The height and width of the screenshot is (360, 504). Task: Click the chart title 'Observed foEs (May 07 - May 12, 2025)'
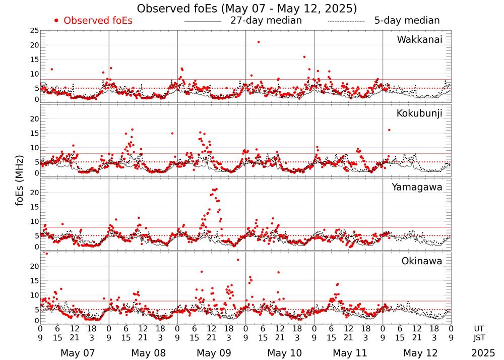tap(247, 9)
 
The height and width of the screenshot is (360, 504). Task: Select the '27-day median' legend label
tap(266, 21)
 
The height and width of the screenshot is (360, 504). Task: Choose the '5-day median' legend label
tap(407, 21)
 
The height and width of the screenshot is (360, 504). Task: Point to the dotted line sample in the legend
tap(346, 22)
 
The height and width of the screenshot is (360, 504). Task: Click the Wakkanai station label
tap(419, 40)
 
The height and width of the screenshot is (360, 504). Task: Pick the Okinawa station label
tap(421, 261)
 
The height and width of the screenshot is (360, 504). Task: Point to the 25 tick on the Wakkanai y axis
tap(34, 31)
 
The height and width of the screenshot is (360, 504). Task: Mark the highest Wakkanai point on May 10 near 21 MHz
tap(259, 42)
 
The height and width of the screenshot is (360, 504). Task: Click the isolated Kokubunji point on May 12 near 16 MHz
tap(389, 130)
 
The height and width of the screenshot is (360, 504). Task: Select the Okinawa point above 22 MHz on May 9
tap(238, 260)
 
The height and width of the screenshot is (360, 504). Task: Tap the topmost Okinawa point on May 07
tap(47, 254)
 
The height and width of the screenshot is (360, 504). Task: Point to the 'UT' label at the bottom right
tap(480, 329)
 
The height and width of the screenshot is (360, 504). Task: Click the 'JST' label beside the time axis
tap(480, 338)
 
